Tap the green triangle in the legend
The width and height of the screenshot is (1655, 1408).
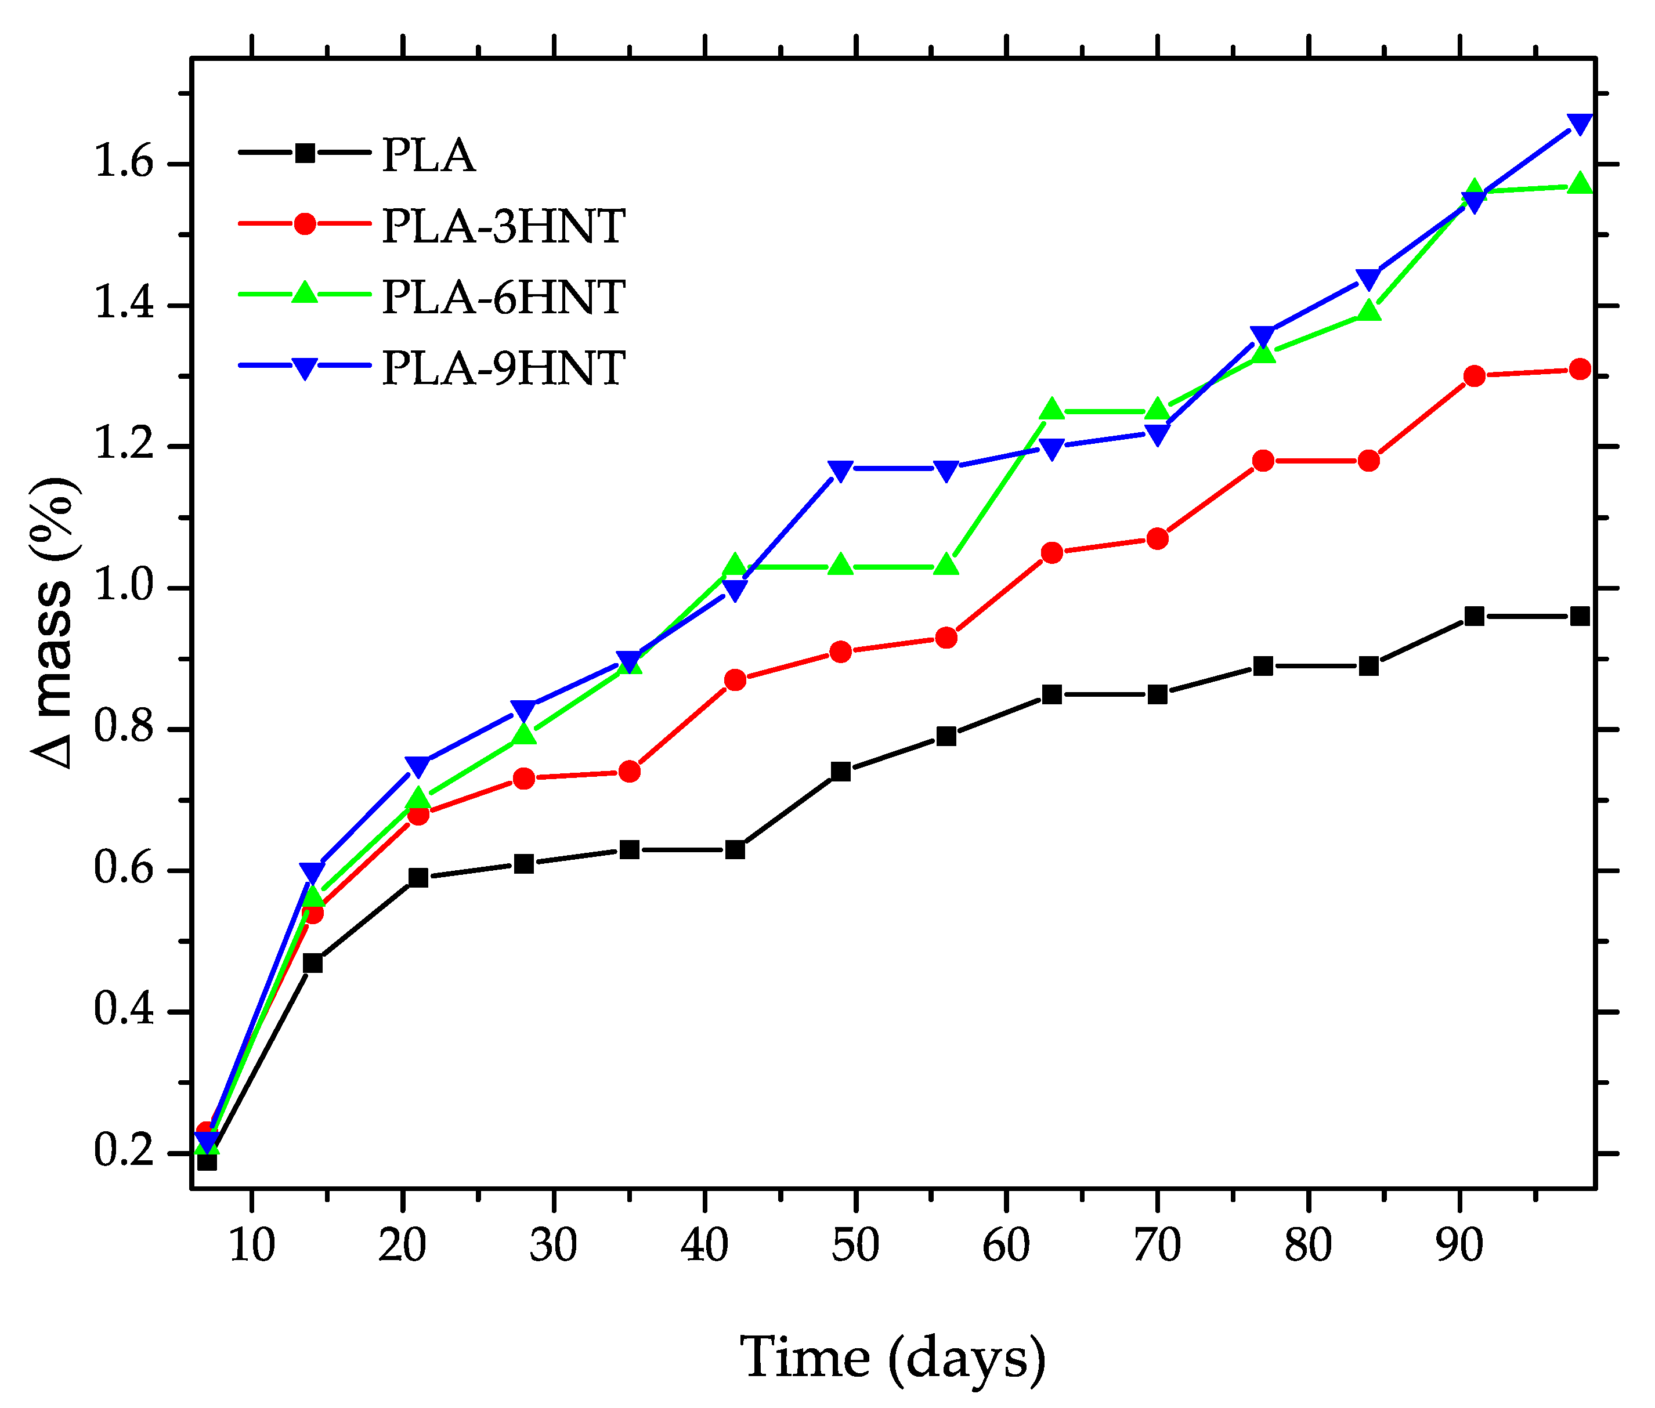click(304, 294)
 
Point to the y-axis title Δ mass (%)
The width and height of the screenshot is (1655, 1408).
click(55, 622)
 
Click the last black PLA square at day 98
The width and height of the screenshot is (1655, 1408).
click(1579, 616)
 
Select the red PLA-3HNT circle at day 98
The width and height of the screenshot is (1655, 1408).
click(1579, 369)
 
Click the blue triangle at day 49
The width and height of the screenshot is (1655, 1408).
click(840, 470)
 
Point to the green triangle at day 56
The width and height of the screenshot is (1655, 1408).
click(946, 565)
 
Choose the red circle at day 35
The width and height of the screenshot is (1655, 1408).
click(629, 772)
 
